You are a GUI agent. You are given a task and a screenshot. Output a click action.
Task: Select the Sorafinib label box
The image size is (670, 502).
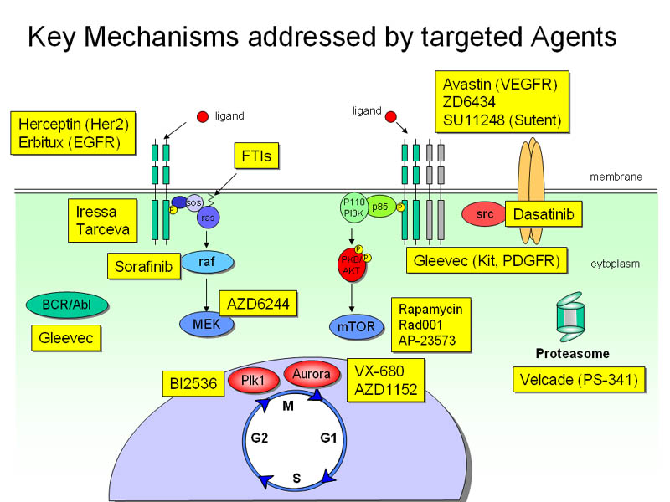click(x=143, y=267)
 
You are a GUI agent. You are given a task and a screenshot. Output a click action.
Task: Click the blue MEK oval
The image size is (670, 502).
click(x=205, y=323)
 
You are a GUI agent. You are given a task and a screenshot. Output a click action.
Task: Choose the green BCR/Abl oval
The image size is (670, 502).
click(x=59, y=304)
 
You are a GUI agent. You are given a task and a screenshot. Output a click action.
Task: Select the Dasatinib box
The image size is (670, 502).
click(x=544, y=215)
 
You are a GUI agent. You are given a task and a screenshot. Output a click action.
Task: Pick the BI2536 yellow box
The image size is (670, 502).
click(x=191, y=384)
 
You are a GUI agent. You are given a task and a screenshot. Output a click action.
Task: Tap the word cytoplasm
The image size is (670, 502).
click(x=616, y=264)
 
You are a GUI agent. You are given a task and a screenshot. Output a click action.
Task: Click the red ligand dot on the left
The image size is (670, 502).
click(x=202, y=116)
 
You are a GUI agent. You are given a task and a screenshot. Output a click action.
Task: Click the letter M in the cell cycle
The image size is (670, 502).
click(x=287, y=406)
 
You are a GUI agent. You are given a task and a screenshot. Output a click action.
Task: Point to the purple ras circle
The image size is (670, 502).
click(x=209, y=219)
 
